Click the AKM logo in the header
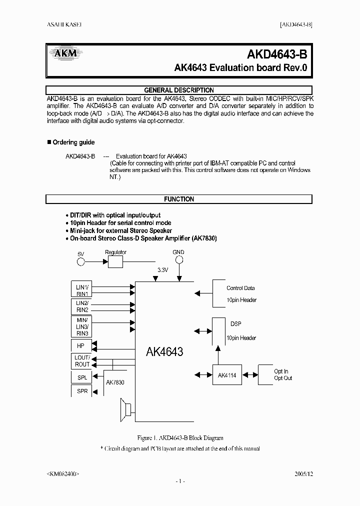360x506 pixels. [x=63, y=54]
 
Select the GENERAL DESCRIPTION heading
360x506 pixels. [x=179, y=90]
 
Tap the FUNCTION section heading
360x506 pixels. [x=179, y=199]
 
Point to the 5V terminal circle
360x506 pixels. [x=81, y=261]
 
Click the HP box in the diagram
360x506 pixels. [x=81, y=345]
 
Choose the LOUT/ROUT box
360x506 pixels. [x=82, y=361]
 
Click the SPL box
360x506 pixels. [x=82, y=377]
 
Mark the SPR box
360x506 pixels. [x=82, y=391]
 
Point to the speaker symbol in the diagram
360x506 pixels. [x=126, y=409]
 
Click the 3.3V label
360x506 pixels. [x=163, y=270]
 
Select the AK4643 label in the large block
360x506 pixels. [x=164, y=352]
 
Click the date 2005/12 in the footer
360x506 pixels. [x=304, y=472]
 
